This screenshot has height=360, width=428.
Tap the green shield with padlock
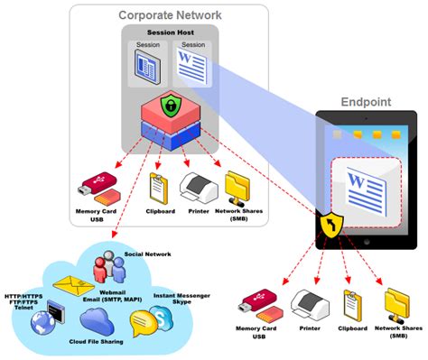(170, 106)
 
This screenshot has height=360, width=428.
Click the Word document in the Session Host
(191, 66)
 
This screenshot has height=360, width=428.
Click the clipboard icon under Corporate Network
(159, 186)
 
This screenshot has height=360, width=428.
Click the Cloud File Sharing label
(96, 345)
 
